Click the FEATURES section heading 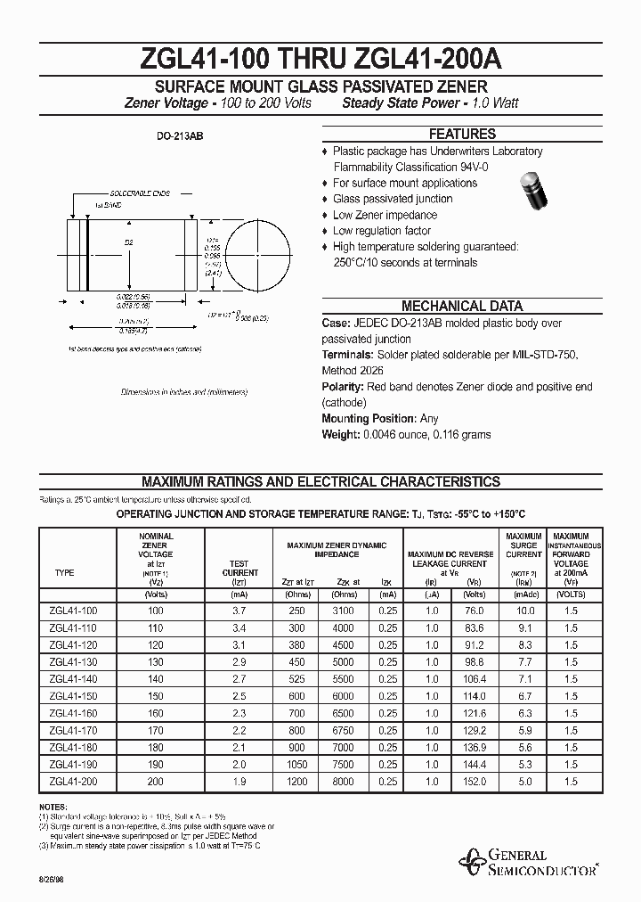462,135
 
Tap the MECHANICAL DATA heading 462,306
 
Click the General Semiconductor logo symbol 471,861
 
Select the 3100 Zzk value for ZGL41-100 345,611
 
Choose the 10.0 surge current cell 525,611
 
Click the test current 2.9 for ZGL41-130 238,661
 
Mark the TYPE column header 65,573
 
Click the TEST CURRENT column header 238,569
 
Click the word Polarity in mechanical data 342,387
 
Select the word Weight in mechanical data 340,435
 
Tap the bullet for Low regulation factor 325,232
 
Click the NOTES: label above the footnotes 53,807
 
